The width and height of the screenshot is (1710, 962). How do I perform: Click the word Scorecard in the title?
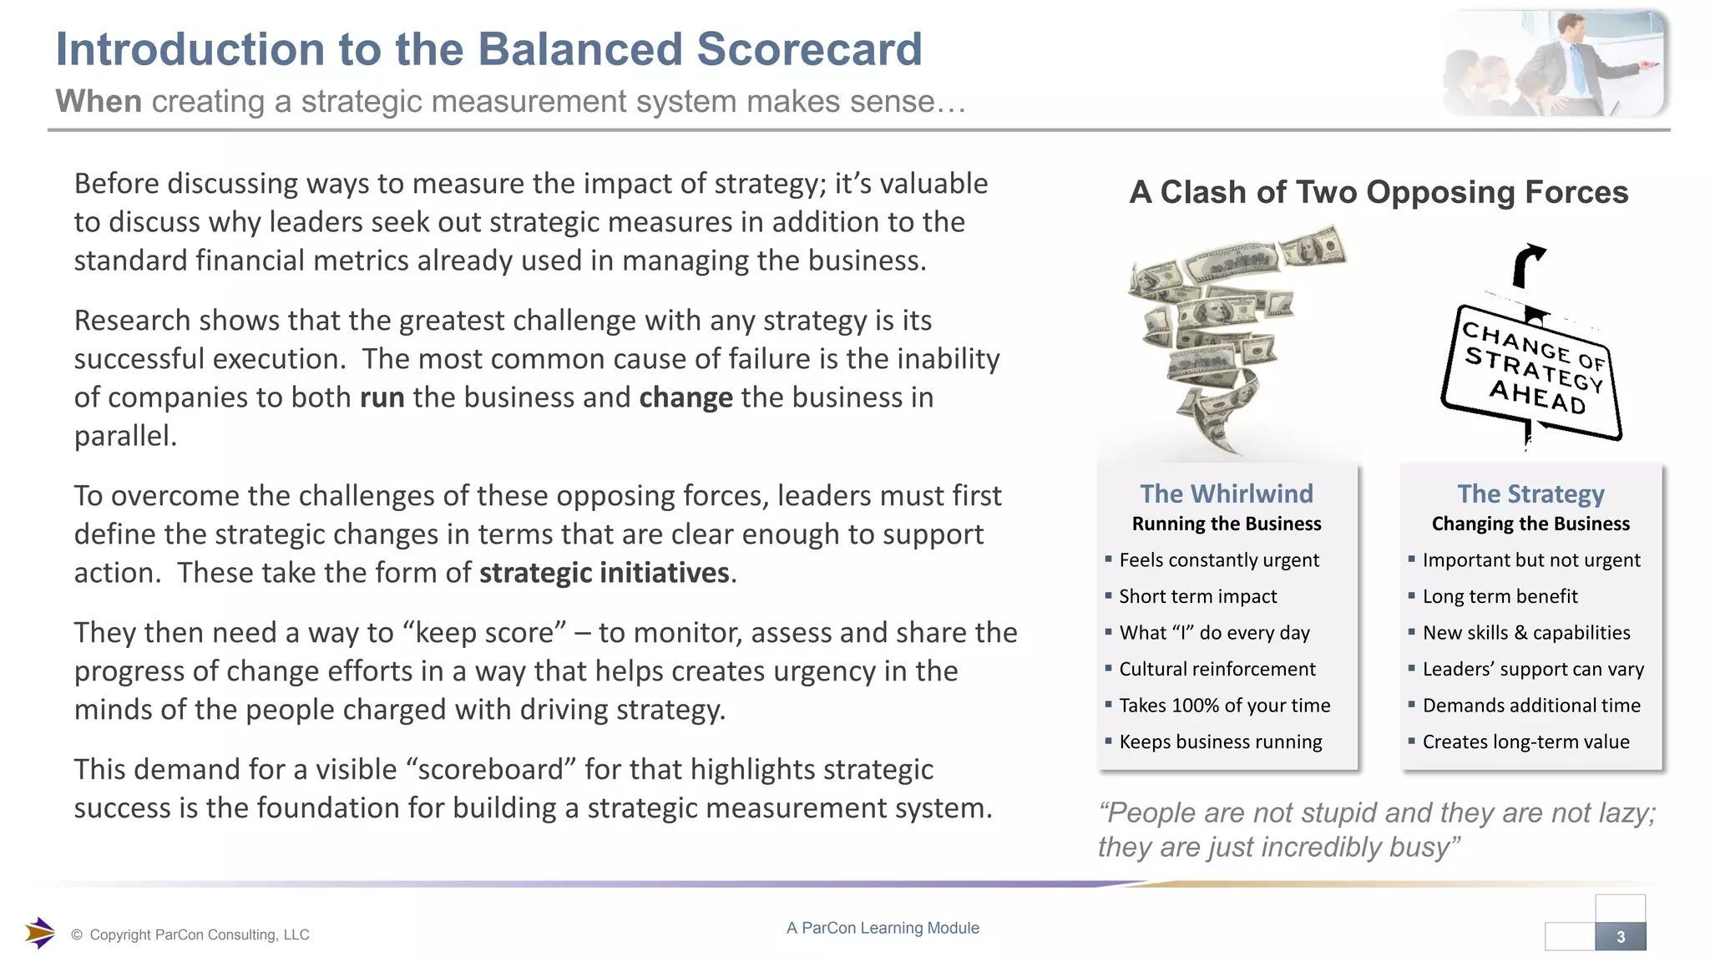click(x=809, y=49)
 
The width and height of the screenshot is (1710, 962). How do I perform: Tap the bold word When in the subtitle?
click(x=99, y=101)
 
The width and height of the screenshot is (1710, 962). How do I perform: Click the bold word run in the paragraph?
click(x=382, y=397)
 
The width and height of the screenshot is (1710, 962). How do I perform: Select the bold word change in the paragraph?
click(x=686, y=397)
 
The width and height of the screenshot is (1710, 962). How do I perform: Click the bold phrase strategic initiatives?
click(x=605, y=573)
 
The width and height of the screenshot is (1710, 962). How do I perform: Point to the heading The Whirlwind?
click(x=1227, y=494)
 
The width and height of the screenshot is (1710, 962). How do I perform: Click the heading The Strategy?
click(x=1530, y=494)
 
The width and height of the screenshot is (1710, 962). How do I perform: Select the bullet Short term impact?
click(x=1197, y=596)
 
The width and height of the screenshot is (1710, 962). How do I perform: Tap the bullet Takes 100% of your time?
click(x=1224, y=706)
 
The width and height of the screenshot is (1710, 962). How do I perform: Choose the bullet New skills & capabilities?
click(x=1525, y=633)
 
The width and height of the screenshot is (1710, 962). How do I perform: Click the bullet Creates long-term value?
click(x=1525, y=742)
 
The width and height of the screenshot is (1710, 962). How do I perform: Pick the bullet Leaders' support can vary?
click(x=1533, y=669)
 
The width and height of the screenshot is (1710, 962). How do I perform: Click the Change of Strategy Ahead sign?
click(x=1532, y=370)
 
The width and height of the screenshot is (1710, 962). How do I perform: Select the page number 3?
click(x=1621, y=937)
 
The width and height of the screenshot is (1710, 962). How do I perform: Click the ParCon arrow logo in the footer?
click(x=39, y=933)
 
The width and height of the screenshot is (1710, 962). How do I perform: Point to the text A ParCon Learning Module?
click(x=883, y=928)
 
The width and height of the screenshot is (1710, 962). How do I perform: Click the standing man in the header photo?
click(x=1570, y=63)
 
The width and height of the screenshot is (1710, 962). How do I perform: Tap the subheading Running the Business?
click(x=1227, y=524)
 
